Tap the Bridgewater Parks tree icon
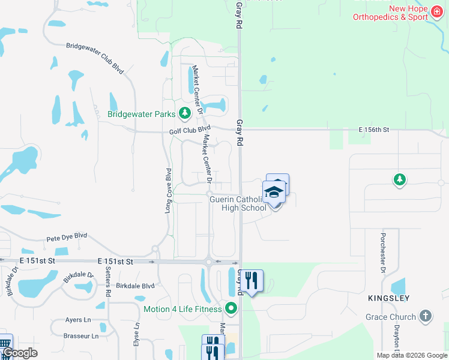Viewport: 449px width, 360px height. (185, 113)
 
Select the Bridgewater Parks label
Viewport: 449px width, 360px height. (142, 113)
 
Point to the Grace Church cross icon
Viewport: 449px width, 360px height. (425, 316)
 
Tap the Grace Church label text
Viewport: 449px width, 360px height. (390, 317)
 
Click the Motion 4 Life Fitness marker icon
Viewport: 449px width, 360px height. (231, 309)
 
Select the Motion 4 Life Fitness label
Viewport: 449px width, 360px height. (182, 310)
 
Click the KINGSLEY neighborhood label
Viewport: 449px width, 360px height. (389, 298)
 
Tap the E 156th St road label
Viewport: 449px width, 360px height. (374, 130)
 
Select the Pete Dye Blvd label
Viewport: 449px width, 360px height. (67, 238)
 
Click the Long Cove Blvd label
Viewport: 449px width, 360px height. (169, 191)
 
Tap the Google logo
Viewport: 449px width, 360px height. (20, 353)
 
